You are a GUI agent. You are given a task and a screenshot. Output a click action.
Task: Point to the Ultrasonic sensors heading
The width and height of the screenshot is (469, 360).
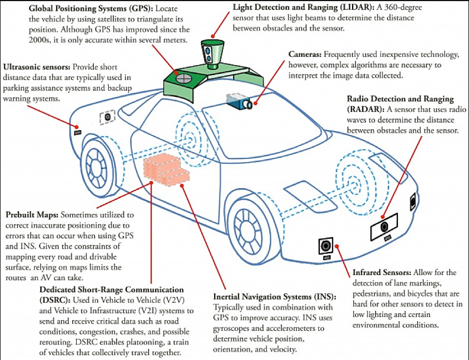(x=36, y=66)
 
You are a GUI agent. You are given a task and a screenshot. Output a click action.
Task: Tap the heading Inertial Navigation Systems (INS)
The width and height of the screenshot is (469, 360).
(x=274, y=296)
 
